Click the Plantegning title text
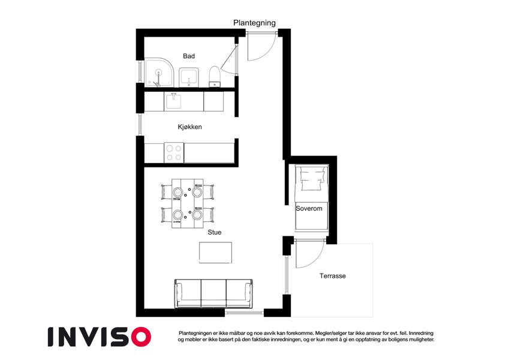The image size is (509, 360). pyautogui.click(x=254, y=23)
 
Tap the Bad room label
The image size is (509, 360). pyautogui.click(x=189, y=56)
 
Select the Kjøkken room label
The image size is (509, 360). pyautogui.click(x=190, y=127)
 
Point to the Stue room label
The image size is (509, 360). pyautogui.click(x=215, y=232)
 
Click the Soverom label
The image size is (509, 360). pyautogui.click(x=309, y=209)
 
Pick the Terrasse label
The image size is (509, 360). pyautogui.click(x=332, y=276)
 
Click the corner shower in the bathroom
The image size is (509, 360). pyautogui.click(x=159, y=73)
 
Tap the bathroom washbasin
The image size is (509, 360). pyautogui.click(x=189, y=77)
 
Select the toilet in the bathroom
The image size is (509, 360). pyautogui.click(x=215, y=77)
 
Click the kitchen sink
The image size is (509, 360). pyautogui.click(x=174, y=101)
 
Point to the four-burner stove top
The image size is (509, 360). pyautogui.click(x=174, y=153)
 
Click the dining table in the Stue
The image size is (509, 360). pyautogui.click(x=188, y=203)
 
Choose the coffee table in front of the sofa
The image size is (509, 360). pyautogui.click(x=216, y=253)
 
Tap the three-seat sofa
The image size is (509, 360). pyautogui.click(x=214, y=293)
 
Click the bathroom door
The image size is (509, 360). pyautogui.click(x=229, y=56)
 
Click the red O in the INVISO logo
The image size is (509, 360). pyautogui.click(x=141, y=337)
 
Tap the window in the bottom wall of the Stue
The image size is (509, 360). pyautogui.click(x=244, y=313)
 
